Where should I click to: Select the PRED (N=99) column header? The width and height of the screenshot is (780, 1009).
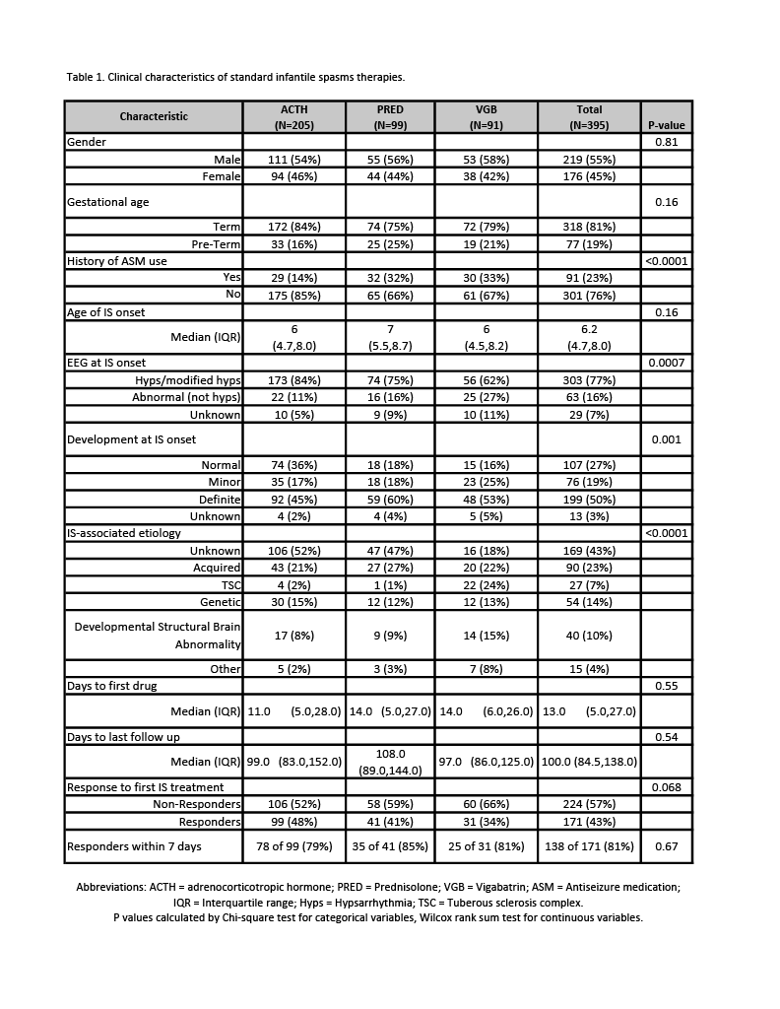tap(390, 117)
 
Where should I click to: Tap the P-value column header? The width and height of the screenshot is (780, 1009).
tap(666, 125)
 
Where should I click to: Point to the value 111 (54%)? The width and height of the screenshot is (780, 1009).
tap(293, 160)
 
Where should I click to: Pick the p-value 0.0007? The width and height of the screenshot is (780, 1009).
tap(666, 364)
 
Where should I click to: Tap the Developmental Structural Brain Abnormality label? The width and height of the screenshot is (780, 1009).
tap(158, 636)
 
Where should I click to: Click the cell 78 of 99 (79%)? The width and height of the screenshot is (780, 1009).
tap(293, 846)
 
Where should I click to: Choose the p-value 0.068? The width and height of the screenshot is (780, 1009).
tap(666, 787)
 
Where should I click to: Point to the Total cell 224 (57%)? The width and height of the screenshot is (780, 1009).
tap(589, 805)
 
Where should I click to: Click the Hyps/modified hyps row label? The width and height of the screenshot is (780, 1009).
tap(187, 380)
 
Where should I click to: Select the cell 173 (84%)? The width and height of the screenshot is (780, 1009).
tap(293, 380)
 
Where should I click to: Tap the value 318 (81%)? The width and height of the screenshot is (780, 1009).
tap(589, 227)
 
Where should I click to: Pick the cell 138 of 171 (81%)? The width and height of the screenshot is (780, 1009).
tap(589, 846)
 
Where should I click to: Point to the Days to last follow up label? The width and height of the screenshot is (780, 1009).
tap(123, 737)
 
